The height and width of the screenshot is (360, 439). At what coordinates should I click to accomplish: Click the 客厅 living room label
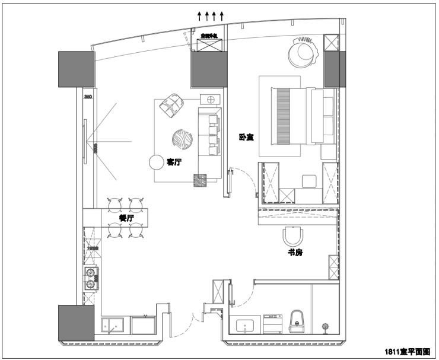click(174, 161)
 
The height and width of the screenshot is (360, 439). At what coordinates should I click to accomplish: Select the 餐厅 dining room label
click(126, 218)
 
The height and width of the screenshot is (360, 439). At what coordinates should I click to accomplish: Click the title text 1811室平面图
click(410, 351)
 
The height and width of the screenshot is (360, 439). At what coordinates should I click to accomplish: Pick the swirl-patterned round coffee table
click(183, 139)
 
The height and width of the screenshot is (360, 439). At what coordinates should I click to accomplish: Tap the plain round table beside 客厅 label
click(156, 161)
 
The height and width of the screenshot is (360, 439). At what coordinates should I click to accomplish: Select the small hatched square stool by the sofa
click(200, 180)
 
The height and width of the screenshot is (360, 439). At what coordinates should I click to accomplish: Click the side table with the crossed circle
click(209, 98)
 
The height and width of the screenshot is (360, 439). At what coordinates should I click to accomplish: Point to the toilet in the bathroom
click(297, 320)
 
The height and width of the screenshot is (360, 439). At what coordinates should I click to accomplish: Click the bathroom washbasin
click(245, 325)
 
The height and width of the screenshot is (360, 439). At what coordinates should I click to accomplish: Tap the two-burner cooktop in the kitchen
click(91, 279)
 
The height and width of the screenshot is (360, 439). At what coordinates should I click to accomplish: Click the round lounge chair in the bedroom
click(302, 53)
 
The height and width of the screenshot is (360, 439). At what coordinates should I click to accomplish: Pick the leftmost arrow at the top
click(199, 16)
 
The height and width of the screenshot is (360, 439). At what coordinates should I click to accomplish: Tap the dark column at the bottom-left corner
click(76, 324)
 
